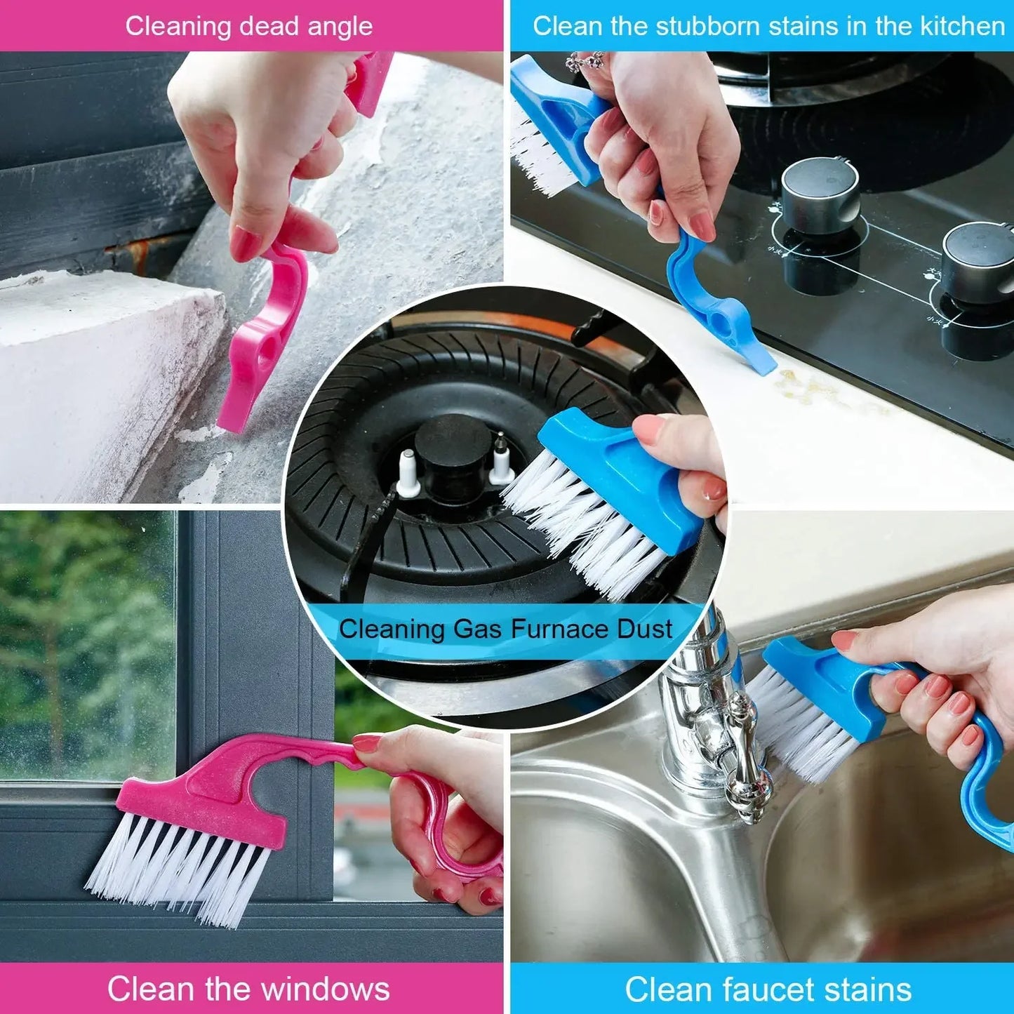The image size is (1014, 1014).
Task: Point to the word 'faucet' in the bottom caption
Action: pyautogui.click(x=759, y=989)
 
